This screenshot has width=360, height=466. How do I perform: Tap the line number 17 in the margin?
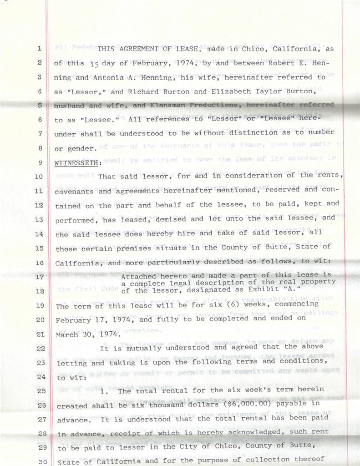(39, 277)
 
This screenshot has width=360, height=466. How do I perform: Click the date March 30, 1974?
(82, 335)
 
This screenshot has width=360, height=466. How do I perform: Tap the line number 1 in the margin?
(39, 48)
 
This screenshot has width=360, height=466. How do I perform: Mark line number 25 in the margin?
(39, 391)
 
